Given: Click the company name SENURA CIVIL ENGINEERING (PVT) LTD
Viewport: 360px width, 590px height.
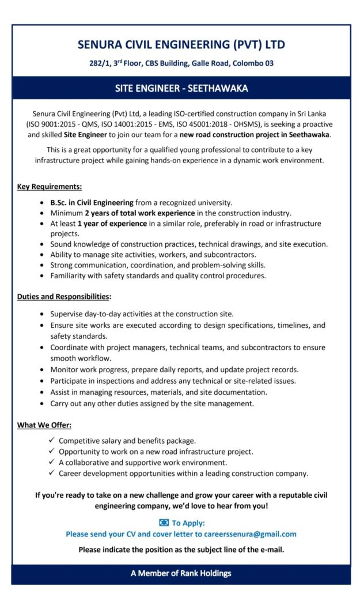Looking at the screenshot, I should [181, 44].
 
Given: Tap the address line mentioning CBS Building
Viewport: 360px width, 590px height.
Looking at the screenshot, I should [181, 63].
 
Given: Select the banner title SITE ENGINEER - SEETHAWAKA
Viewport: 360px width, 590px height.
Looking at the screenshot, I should [181, 89].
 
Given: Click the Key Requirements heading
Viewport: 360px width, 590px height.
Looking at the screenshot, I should [49, 187].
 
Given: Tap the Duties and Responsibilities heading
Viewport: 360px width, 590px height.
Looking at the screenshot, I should [63, 297].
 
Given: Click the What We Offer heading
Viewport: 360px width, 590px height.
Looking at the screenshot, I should [44, 425].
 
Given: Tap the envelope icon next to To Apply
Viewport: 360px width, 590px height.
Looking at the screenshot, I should [164, 523].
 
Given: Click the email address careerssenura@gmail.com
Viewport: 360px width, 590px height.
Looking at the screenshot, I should [249, 534].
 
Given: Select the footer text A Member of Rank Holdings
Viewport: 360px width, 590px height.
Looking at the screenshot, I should [181, 573].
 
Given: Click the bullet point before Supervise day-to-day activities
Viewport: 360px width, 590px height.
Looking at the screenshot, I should [43, 315].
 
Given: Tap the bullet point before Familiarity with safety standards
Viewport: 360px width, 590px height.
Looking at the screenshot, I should [43, 276].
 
